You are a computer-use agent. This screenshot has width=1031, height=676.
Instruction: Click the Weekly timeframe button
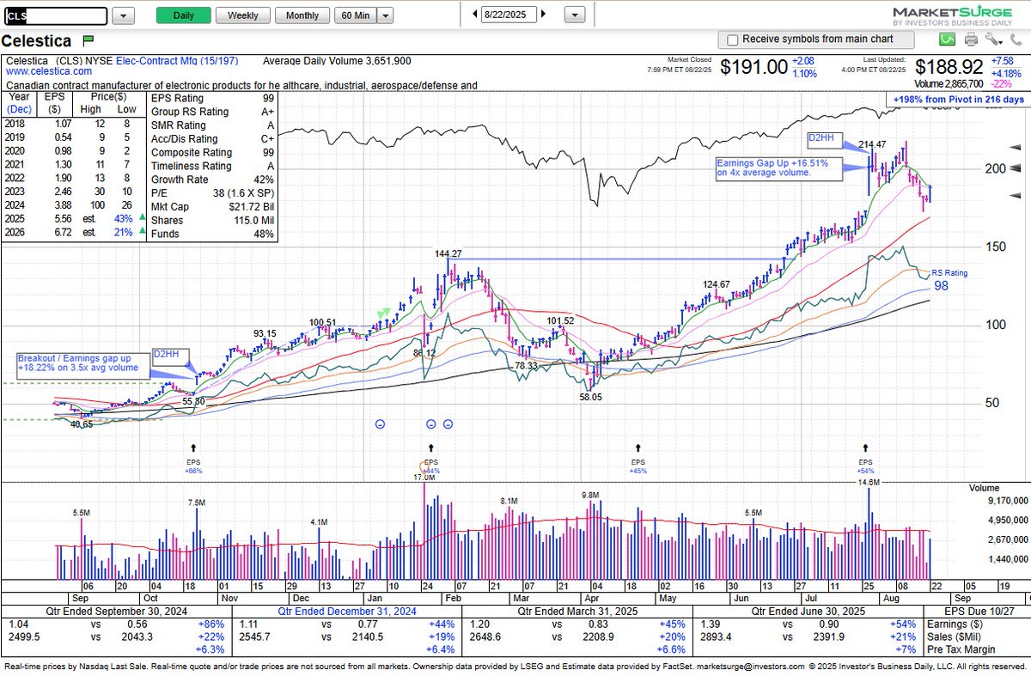click(242, 15)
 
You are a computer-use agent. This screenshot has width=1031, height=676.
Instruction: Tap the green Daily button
click(183, 15)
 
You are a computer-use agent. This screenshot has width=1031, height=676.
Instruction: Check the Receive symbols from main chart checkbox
click(732, 40)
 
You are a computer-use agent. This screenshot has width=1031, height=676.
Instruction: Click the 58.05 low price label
click(589, 397)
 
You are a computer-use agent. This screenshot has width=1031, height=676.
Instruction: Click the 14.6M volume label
click(869, 483)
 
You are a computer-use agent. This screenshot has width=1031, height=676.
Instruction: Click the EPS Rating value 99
click(269, 98)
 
